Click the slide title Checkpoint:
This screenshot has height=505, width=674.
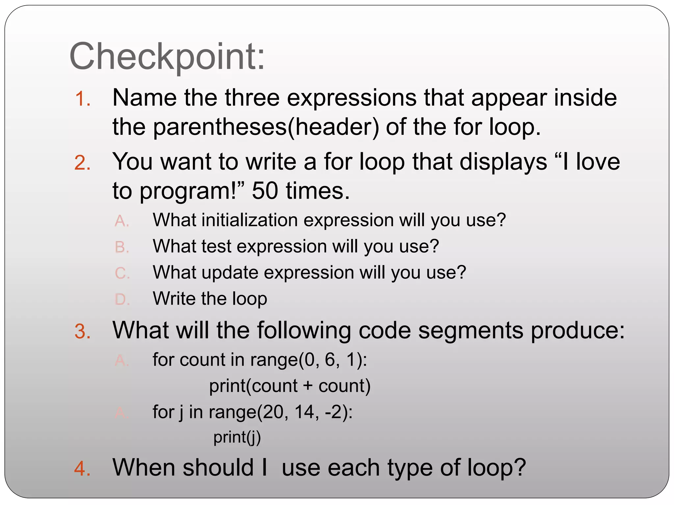(167, 57)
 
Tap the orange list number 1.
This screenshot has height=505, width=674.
(82, 99)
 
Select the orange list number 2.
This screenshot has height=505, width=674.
(82, 163)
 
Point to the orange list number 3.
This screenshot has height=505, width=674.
(82, 331)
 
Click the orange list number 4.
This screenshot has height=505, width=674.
(82, 469)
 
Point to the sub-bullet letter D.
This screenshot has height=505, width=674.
(122, 300)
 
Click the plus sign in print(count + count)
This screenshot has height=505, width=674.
(308, 386)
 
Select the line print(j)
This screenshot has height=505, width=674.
(237, 438)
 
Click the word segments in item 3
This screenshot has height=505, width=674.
(471, 330)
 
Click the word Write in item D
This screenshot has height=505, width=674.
(174, 299)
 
